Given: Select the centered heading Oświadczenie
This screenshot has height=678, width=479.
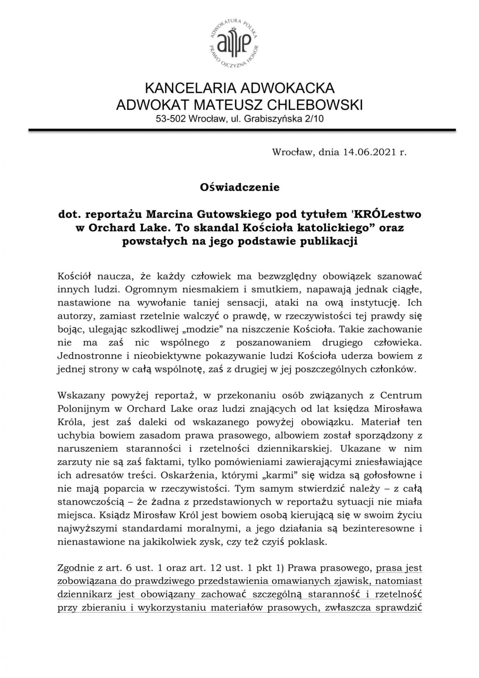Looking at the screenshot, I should (x=239, y=187).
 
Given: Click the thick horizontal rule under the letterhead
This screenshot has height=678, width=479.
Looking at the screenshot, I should (x=242, y=130).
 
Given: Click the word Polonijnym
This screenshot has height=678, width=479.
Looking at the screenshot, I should (x=83, y=408).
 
